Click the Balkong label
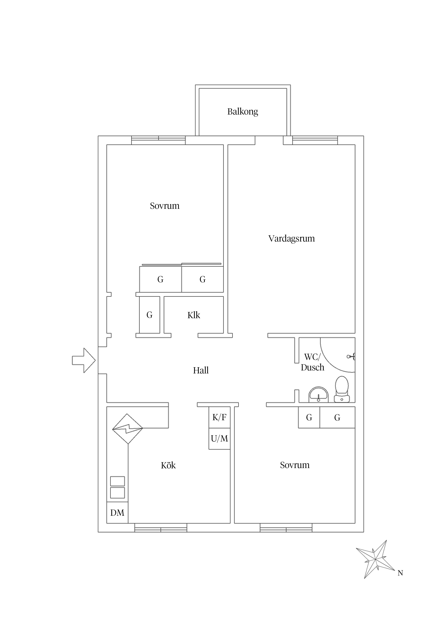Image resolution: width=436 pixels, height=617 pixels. point(243,112)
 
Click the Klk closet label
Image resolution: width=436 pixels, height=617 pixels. point(194,315)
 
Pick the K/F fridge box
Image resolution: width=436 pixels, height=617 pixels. point(219,417)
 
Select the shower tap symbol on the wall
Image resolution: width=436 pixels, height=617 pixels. point(351,357)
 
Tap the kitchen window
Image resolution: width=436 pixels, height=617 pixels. point(161,528)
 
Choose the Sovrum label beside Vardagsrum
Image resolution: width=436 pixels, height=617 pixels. point(165,206)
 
